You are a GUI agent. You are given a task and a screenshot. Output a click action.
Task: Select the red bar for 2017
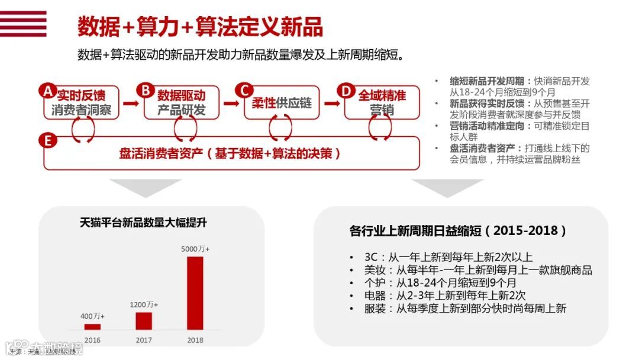tap(144, 320)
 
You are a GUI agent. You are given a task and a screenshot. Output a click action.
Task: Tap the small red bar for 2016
tap(92, 326)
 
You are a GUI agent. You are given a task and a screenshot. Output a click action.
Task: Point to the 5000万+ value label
tap(195, 249)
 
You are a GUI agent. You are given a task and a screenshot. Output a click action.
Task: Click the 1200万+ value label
tap(144, 304)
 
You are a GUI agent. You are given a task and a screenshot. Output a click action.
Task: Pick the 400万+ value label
tap(92, 316)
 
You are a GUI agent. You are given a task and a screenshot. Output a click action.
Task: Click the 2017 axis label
tap(144, 340)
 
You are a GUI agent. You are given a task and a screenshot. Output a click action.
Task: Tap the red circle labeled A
tap(48, 91)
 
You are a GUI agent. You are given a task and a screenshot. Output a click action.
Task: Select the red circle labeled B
tap(144, 91)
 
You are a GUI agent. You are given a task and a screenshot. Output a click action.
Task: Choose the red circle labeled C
tap(243, 91)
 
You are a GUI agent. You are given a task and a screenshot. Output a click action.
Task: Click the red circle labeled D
tap(346, 91)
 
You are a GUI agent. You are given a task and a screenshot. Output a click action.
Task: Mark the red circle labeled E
tap(48, 140)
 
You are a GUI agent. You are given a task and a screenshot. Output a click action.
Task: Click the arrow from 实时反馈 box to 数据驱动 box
tap(131, 104)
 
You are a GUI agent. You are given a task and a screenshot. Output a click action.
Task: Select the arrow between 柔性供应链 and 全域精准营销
tap(332, 104)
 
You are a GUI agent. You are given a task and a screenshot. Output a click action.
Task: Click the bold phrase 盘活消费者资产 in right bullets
tap(481, 148)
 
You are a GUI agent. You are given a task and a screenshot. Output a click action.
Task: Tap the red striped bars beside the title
tap(23, 24)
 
